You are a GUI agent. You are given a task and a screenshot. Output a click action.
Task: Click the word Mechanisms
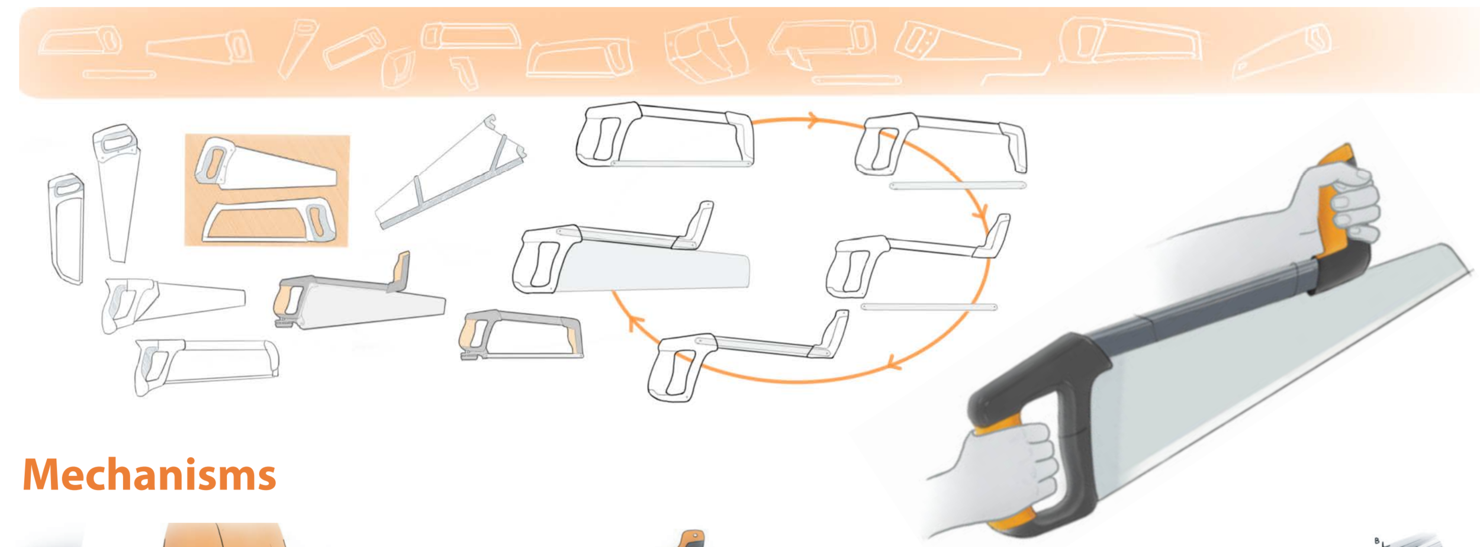149,475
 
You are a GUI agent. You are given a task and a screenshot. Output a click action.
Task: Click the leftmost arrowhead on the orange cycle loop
635,322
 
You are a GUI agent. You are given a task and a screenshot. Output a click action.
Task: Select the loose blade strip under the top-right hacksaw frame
957,186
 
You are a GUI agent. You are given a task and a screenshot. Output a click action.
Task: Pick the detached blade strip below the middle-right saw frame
928,307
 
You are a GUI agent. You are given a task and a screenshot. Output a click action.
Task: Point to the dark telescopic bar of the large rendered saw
1202,308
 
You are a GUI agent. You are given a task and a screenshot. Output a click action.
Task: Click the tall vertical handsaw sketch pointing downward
117,189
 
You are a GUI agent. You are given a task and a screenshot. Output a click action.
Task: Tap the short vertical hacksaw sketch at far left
66,228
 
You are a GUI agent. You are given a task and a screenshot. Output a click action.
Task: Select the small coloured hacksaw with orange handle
521,334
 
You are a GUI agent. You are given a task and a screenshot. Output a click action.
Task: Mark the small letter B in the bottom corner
1377,540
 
